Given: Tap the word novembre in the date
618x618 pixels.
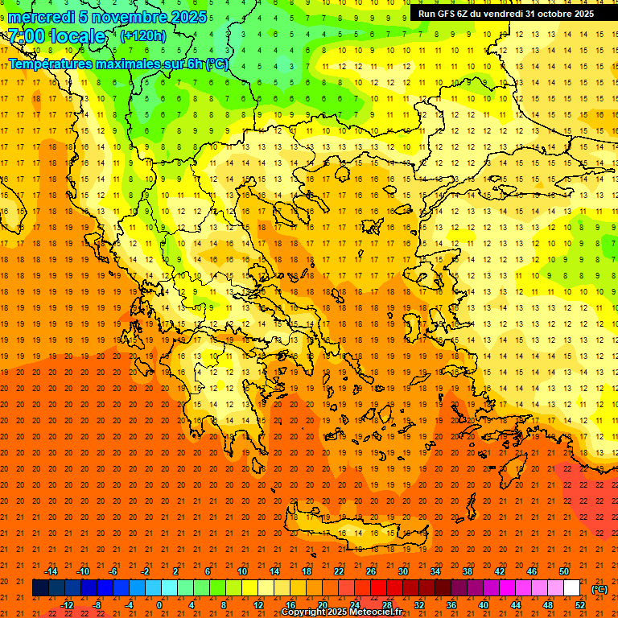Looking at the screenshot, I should pyautogui.click(x=126, y=17).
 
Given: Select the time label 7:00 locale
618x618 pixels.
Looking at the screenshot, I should pyautogui.click(x=56, y=36).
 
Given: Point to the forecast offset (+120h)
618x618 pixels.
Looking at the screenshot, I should pyautogui.click(x=143, y=35).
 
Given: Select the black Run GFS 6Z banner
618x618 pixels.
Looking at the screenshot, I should pyautogui.click(x=506, y=14).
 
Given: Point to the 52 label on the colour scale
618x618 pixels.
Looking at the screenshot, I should pyautogui.click(x=580, y=604).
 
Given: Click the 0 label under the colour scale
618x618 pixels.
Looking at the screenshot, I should pyautogui.click(x=159, y=604).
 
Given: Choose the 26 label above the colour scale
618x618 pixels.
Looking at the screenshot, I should pyautogui.click(x=371, y=571).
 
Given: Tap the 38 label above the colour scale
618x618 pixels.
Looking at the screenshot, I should pyautogui.click(x=468, y=571).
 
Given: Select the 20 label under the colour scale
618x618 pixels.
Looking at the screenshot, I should pyautogui.click(x=322, y=604).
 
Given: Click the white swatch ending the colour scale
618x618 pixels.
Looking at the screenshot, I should pyautogui.click(x=571, y=587).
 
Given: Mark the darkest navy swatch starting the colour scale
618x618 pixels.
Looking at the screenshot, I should pyautogui.click(x=40, y=587).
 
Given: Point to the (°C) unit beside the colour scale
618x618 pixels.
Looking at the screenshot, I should pyautogui.click(x=599, y=588).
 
